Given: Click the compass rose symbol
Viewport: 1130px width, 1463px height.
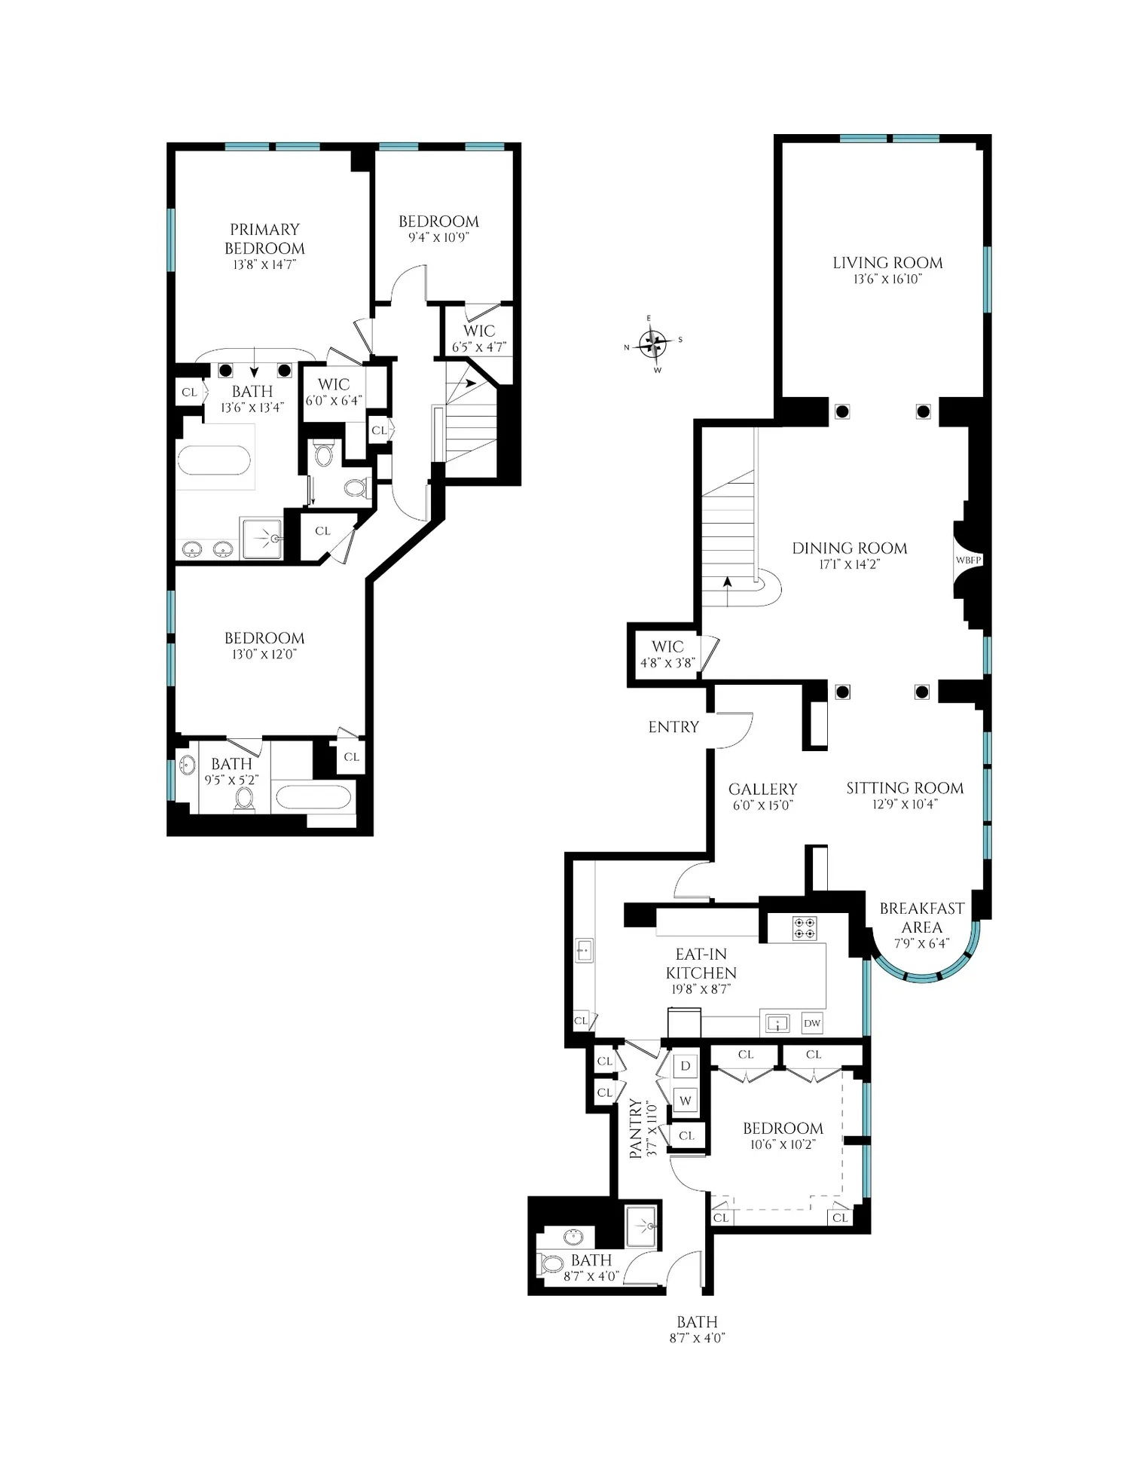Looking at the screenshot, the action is coord(653,344).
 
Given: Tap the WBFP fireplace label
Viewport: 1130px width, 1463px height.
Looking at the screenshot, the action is coord(969,560).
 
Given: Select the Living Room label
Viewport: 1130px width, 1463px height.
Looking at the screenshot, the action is coord(887,263).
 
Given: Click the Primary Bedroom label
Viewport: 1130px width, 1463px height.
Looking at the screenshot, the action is coord(264,239).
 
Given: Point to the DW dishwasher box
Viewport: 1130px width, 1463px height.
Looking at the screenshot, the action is coord(812,1023).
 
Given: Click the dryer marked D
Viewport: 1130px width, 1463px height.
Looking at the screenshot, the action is coord(686,1066).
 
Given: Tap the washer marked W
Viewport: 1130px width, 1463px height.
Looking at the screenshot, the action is coord(686,1101).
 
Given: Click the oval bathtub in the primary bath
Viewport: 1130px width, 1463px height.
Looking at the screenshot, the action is coord(214,460).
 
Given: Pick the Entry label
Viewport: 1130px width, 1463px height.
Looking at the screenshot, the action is coord(673,727).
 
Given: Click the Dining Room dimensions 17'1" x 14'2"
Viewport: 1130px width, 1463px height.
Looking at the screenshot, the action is coord(850,564).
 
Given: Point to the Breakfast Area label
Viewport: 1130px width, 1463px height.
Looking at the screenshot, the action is coord(922,918).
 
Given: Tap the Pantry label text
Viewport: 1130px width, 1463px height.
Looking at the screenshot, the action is coord(636,1129).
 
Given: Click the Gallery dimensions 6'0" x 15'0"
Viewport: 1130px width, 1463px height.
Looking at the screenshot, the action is coord(763,805).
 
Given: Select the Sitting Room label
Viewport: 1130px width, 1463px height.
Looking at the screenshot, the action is coord(905,788).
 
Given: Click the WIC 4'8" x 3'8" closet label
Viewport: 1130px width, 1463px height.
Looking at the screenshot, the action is coord(667,654).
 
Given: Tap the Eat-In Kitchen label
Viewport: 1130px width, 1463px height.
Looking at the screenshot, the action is coord(701,964).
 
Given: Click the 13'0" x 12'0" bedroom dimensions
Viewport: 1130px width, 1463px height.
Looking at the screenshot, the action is coord(264,655).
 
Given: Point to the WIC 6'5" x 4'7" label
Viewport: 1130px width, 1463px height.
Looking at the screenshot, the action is coord(479,338).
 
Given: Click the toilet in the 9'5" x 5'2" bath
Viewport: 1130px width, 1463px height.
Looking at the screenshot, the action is coord(244,800).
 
